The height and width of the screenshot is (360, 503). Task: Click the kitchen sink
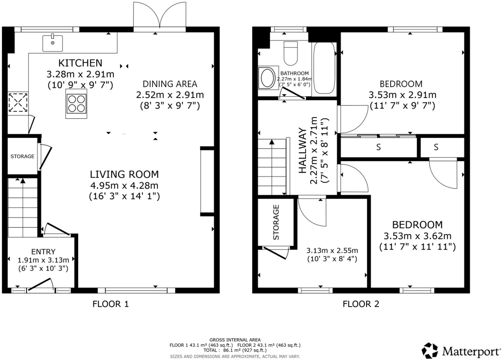[x=52, y=43]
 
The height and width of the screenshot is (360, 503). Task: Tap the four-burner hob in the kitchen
[x=76, y=103]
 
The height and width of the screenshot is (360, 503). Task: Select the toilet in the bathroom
[x=290, y=53]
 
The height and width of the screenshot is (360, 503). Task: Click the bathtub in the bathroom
[x=324, y=68]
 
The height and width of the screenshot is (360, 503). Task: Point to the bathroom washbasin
[x=267, y=78]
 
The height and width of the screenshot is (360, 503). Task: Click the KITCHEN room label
[x=80, y=63]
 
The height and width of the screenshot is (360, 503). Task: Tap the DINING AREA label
[x=170, y=84]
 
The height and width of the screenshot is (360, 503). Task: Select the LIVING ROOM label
[x=124, y=174]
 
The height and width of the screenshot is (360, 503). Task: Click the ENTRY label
[x=43, y=252]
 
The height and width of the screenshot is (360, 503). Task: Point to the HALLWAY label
[x=303, y=151]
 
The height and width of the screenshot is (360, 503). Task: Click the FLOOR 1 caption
[x=111, y=304]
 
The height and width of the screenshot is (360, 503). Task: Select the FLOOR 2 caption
[x=361, y=304]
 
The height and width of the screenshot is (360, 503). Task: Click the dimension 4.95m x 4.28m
[x=124, y=186]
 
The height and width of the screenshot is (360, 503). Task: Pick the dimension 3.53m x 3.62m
[x=418, y=236]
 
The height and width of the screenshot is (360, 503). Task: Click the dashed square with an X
[x=18, y=103]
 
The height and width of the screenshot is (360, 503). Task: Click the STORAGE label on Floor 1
[x=22, y=156]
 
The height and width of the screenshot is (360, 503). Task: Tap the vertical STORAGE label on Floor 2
[x=276, y=222]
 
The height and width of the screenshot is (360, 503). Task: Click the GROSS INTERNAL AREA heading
[x=235, y=340]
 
